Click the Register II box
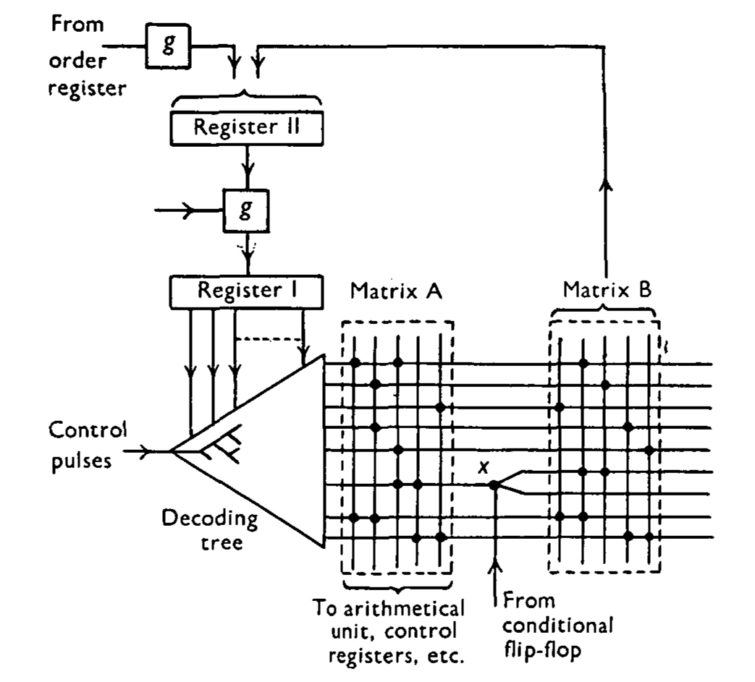247,128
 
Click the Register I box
247,291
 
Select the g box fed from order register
168,46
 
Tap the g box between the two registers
246,210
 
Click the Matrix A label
396,291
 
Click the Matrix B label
607,289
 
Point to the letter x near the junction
484,466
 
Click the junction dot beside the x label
494,485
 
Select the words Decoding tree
210,530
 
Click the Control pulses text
88,445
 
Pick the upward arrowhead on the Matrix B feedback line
606,184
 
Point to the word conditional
557,626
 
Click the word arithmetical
403,608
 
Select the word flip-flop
542,651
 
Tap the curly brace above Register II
247,97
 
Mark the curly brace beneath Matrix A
397,586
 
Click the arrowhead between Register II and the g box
248,169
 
